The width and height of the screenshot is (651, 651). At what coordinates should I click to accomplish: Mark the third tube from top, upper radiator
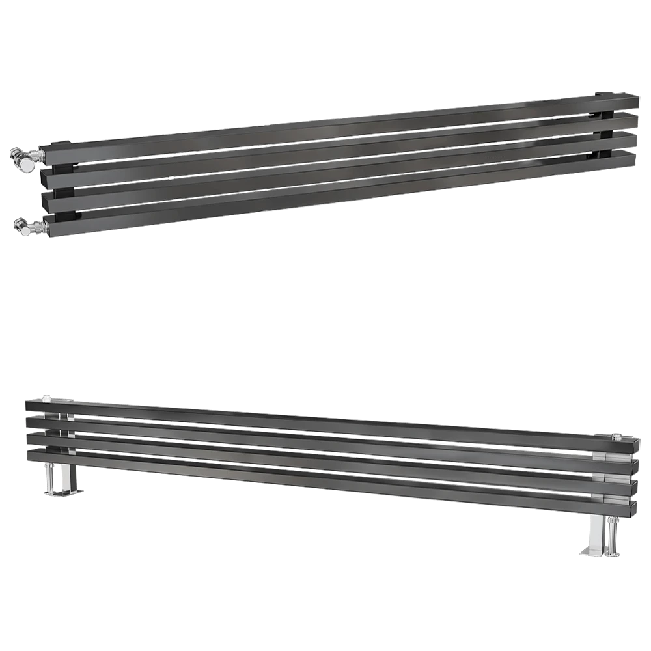pyautogui.click(x=325, y=171)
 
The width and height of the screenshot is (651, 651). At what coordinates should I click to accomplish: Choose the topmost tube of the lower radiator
pyautogui.click(x=325, y=420)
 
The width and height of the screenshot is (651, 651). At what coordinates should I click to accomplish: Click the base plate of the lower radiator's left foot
pyautogui.click(x=65, y=493)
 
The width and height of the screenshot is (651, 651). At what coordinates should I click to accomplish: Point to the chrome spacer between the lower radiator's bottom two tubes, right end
pyautogui.click(x=609, y=499)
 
